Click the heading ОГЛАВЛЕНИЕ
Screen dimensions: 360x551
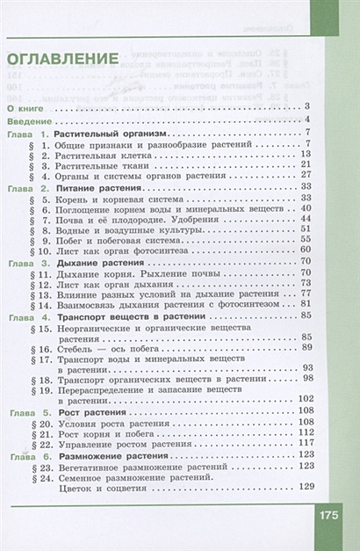pyautogui.click(x=63, y=62)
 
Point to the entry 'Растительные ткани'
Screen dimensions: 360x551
pyautogui.click(x=98, y=165)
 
